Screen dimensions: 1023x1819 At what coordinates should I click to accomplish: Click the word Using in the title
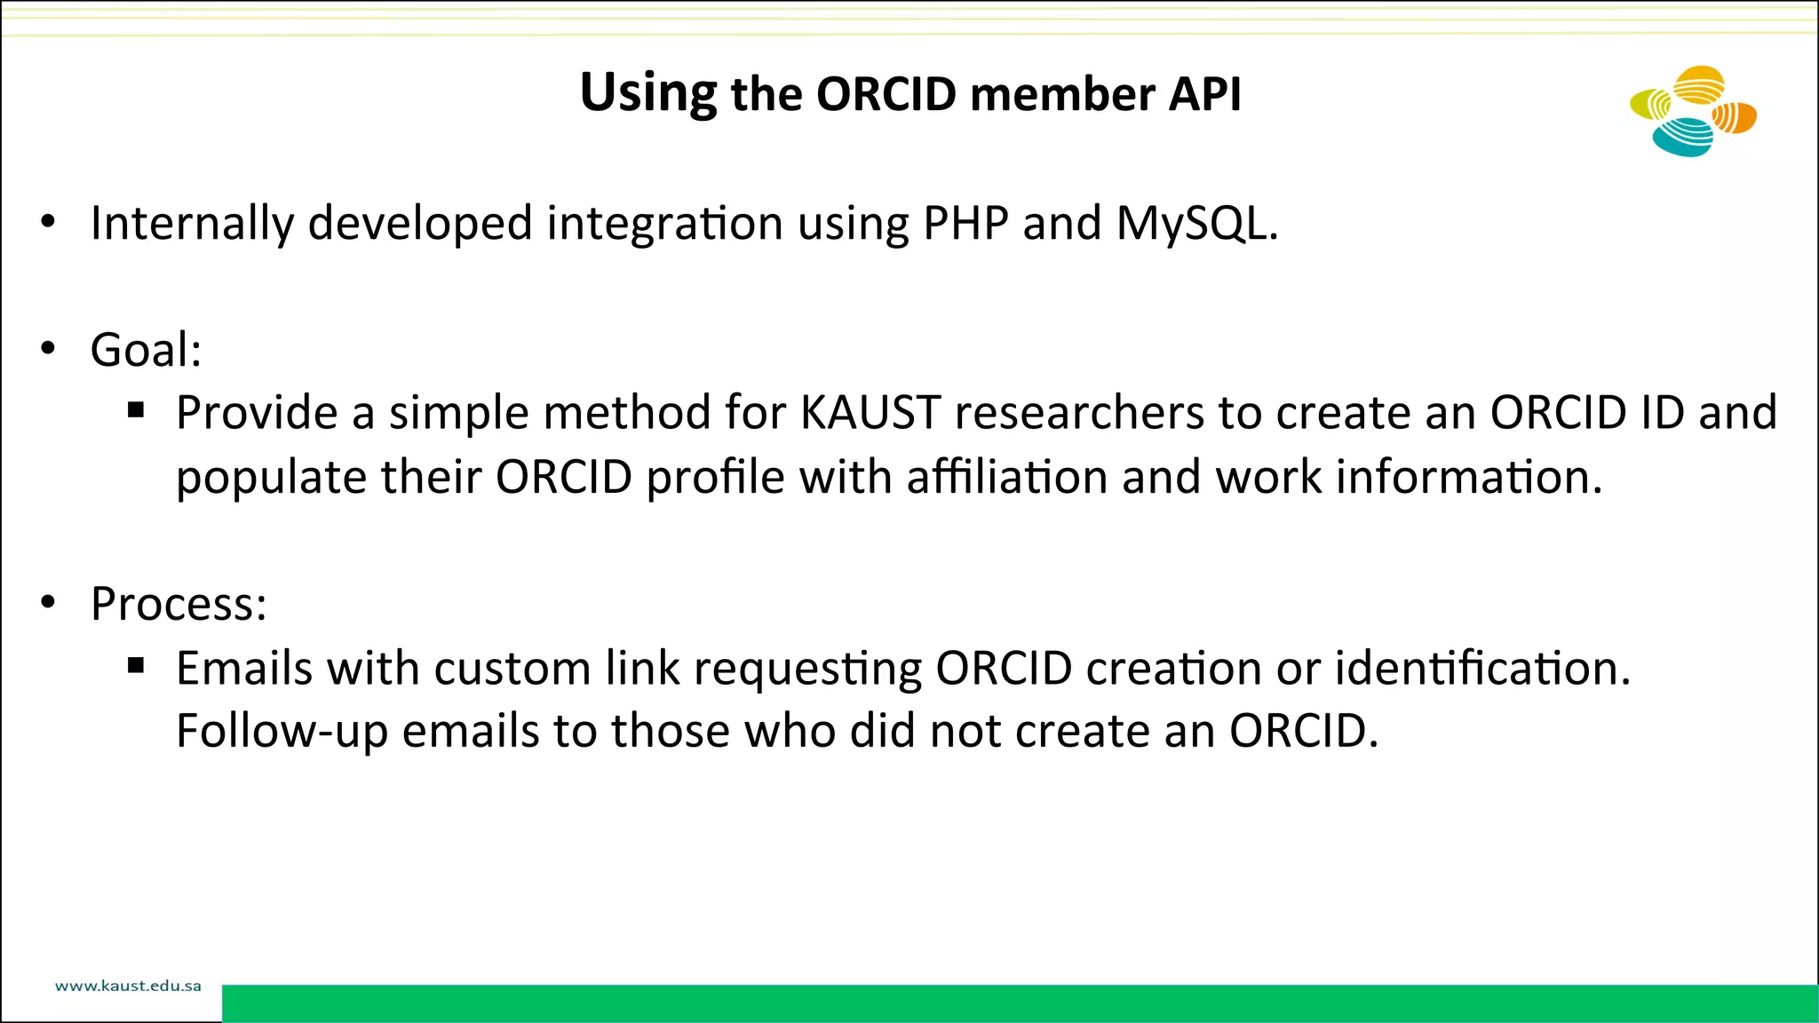point(647,93)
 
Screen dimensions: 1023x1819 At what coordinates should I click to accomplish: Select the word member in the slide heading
point(1061,93)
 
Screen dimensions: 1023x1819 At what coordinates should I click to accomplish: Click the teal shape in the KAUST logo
point(1681,139)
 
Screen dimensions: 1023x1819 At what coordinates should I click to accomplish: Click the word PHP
point(965,223)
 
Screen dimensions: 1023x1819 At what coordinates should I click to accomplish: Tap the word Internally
point(192,224)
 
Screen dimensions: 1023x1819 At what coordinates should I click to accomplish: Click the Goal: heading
point(147,350)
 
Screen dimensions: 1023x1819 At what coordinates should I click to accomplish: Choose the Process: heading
point(179,605)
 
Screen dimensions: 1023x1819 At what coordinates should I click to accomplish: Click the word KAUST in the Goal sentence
point(870,413)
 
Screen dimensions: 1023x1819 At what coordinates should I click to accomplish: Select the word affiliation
point(1006,477)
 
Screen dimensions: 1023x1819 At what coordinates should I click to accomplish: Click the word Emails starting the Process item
point(244,668)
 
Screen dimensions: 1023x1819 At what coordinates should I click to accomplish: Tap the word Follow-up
point(282,732)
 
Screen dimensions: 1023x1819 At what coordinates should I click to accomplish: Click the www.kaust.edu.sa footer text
point(128,986)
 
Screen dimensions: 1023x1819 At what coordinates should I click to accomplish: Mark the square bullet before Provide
point(136,410)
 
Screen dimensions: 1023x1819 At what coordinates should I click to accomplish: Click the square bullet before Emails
point(136,666)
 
